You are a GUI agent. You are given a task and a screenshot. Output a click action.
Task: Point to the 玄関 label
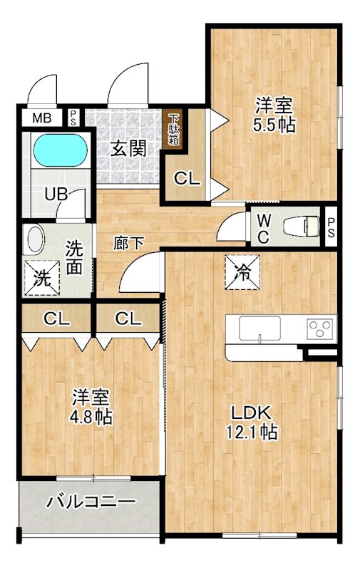coord(128,149)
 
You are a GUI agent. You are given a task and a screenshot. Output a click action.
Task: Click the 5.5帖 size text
coord(275,124)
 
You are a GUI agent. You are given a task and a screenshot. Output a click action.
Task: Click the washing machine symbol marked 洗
coord(42,278)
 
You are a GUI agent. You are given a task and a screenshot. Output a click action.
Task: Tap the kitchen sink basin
coord(259,329)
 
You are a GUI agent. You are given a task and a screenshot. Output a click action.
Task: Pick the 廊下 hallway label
coord(129,242)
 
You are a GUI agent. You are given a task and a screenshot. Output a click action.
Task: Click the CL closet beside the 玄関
coord(187,180)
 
